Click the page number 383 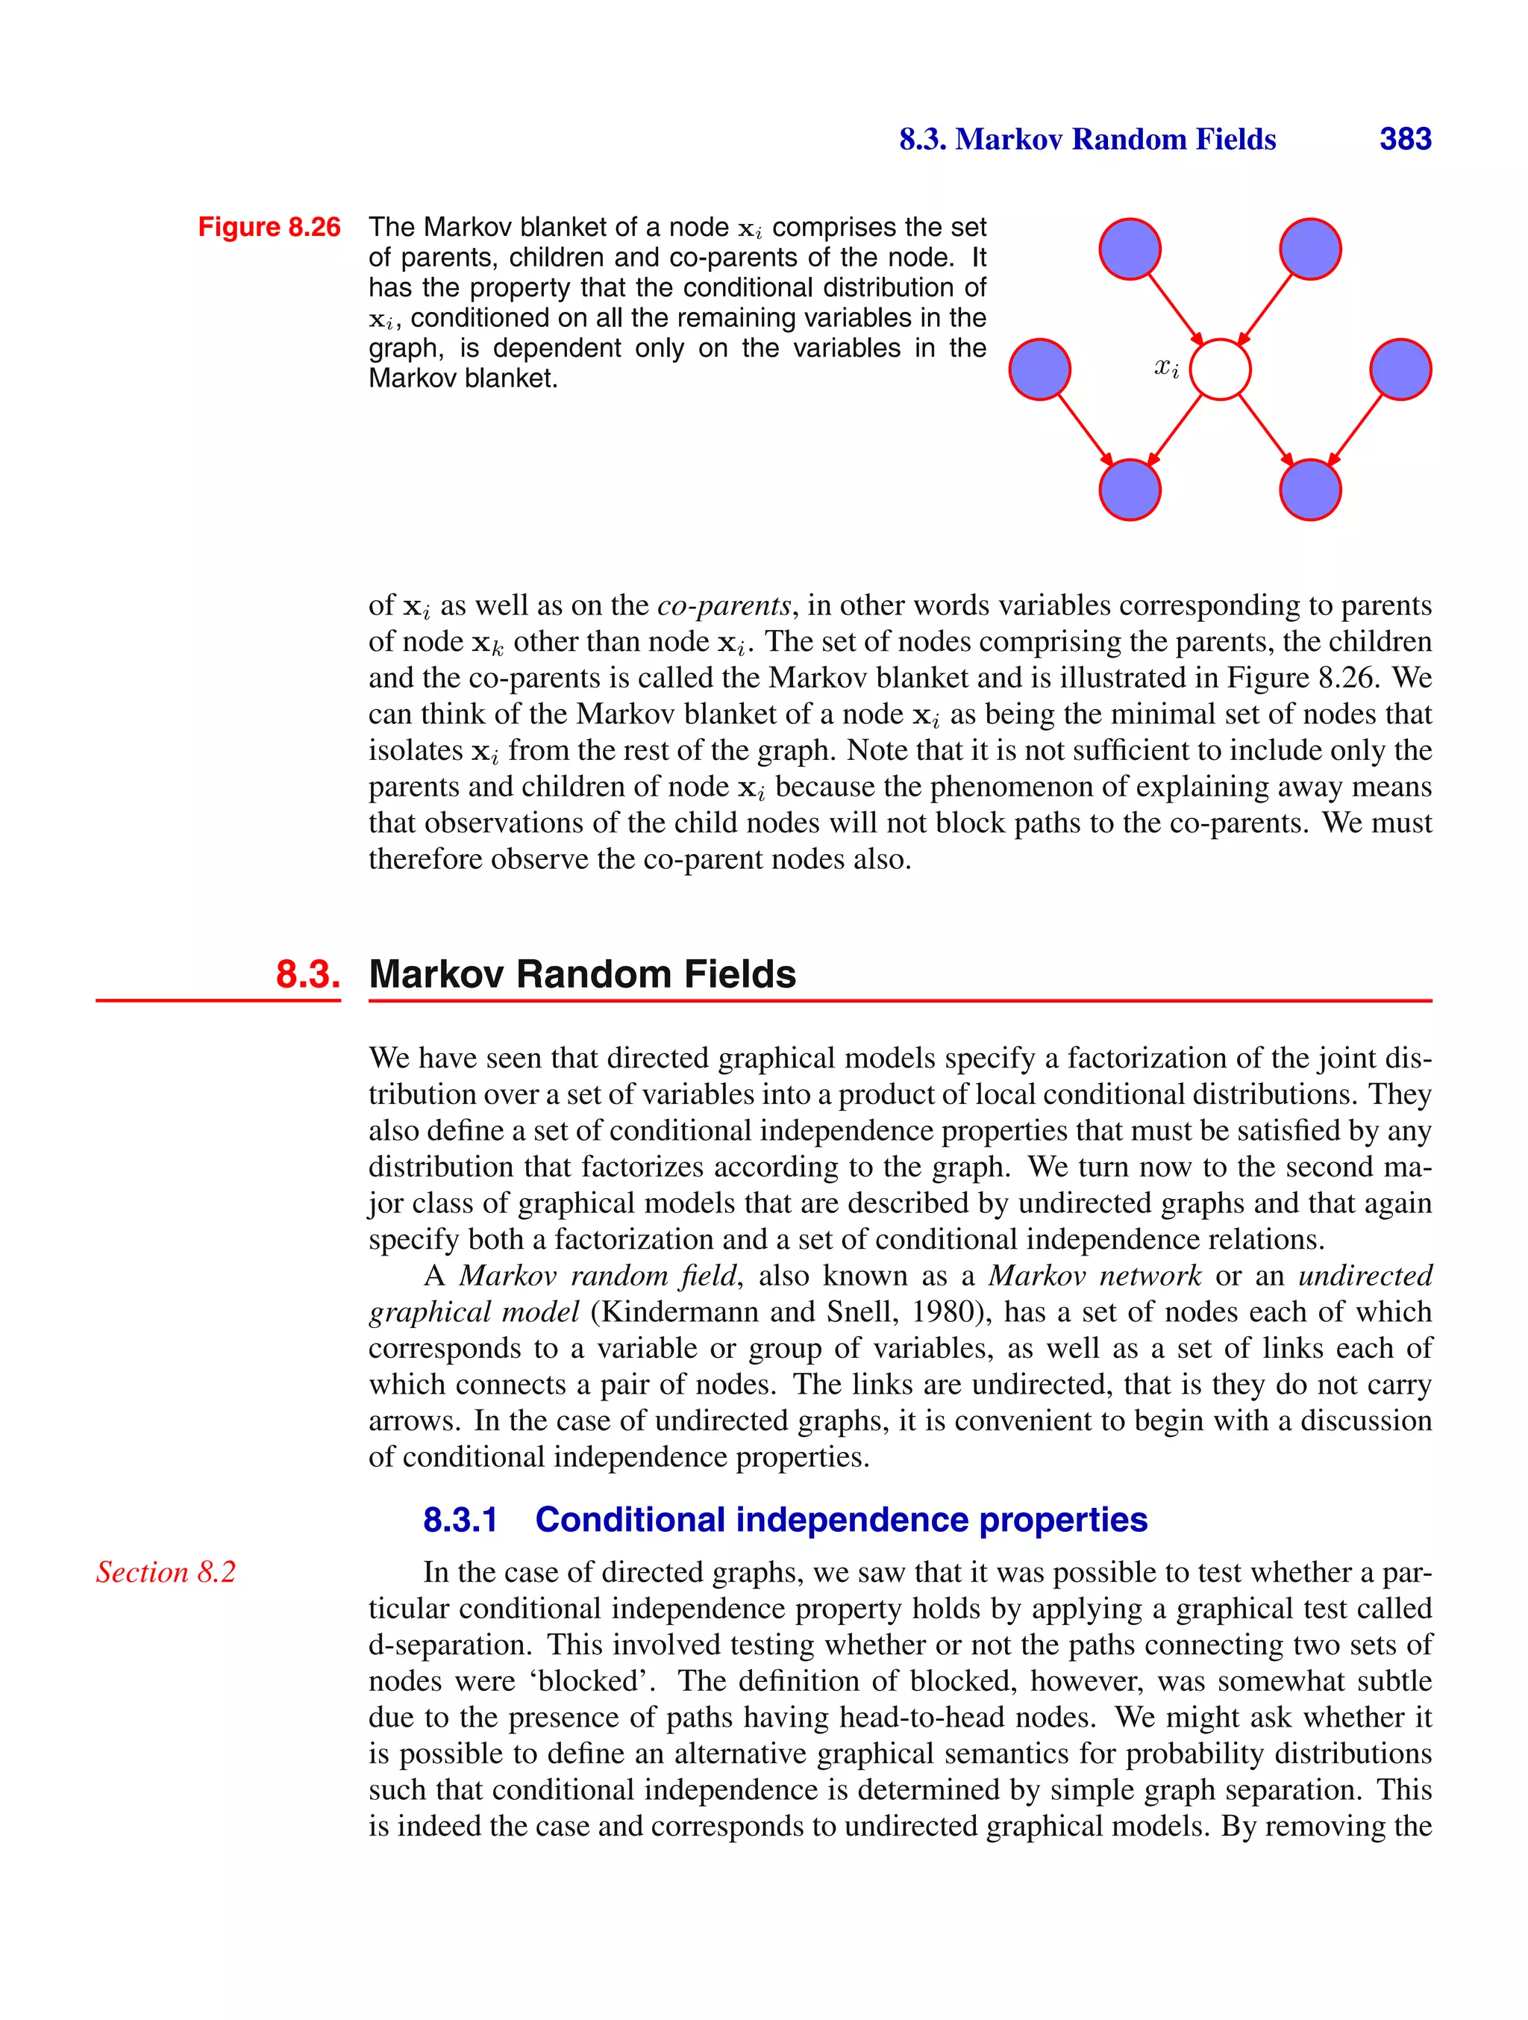click(x=1405, y=139)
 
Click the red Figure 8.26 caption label click(x=269, y=228)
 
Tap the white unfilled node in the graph click(x=1221, y=370)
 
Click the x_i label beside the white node click(x=1165, y=368)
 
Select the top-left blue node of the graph click(x=1130, y=249)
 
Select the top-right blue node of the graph click(x=1311, y=249)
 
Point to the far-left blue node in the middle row click(x=1039, y=370)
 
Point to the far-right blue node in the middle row click(x=1401, y=370)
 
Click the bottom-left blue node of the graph click(x=1130, y=490)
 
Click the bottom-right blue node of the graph click(x=1311, y=490)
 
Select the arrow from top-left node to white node click(x=1175, y=308)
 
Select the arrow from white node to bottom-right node click(x=1266, y=430)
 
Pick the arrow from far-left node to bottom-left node click(x=1084, y=430)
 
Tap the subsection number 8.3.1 click(x=460, y=1520)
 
